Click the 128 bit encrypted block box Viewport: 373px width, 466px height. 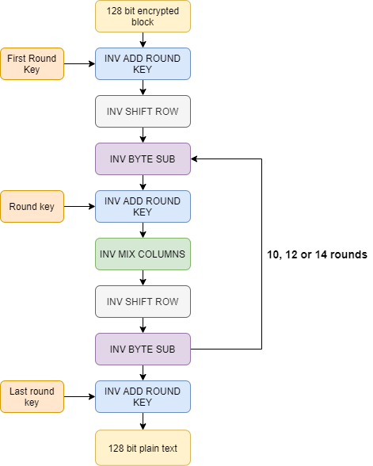pos(143,17)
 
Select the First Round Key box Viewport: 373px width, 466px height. pos(32,64)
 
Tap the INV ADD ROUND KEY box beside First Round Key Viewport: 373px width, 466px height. pos(143,64)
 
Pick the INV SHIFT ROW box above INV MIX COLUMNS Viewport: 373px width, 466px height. pos(143,112)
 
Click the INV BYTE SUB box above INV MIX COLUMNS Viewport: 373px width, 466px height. pos(143,159)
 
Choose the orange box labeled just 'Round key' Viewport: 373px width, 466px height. pos(32,207)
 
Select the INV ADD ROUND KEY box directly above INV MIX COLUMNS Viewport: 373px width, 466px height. pos(143,207)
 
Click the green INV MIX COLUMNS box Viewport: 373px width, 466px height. pos(143,254)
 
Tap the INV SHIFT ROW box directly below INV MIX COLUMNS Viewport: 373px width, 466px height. pos(143,302)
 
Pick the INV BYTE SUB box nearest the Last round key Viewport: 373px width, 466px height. pos(143,349)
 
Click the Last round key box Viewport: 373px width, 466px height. pos(32,397)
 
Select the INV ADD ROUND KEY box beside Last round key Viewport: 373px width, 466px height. pos(143,397)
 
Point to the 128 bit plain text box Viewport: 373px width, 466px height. pos(143,449)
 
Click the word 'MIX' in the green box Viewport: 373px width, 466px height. pos(130,254)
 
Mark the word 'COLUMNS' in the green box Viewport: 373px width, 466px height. pos(164,254)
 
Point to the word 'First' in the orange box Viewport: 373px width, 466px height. pos(17,59)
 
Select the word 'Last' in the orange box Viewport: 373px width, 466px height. pos(19,392)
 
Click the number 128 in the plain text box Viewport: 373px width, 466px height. pos(116,449)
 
